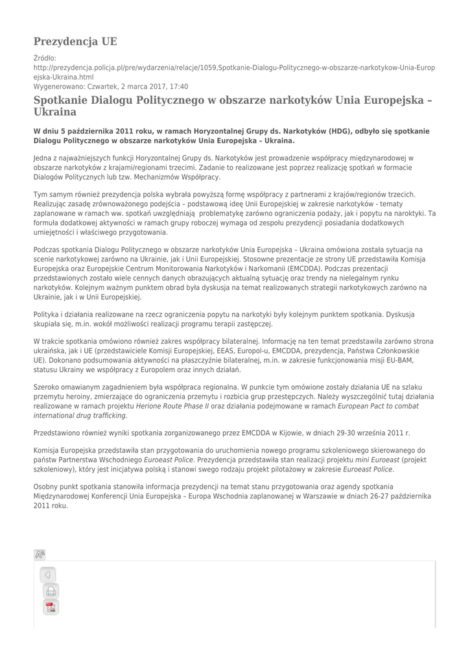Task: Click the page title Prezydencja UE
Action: click(75, 42)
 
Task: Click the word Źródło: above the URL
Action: click(45, 58)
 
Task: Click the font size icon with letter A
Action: click(40, 554)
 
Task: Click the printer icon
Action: click(51, 591)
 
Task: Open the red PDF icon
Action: click(51, 608)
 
